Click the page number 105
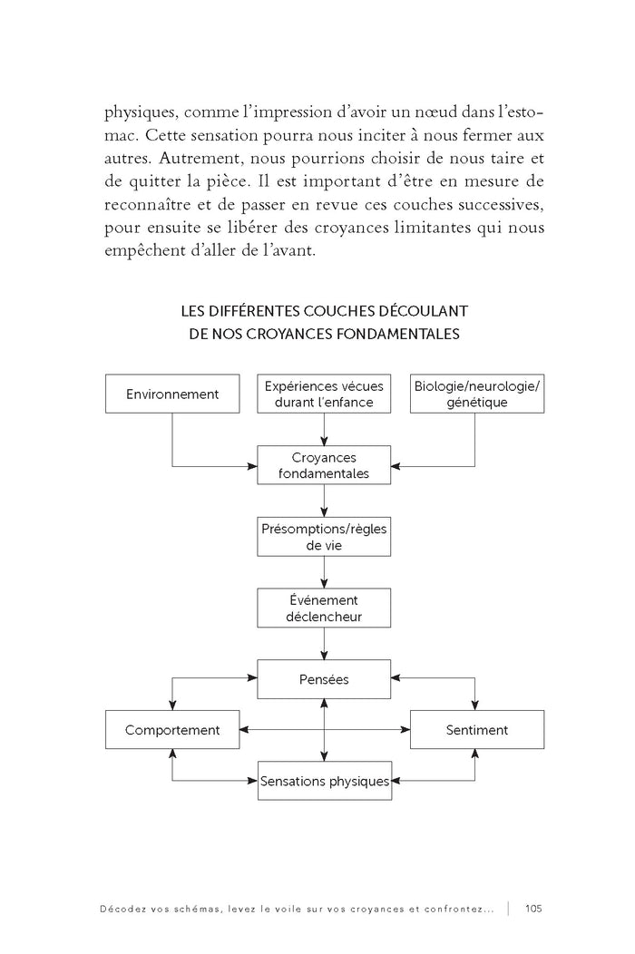point(533,909)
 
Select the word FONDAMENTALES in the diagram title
point(398,334)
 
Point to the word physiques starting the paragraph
point(142,113)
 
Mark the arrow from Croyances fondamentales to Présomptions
point(324,501)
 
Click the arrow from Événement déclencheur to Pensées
point(324,644)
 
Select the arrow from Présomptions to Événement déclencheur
point(324,572)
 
